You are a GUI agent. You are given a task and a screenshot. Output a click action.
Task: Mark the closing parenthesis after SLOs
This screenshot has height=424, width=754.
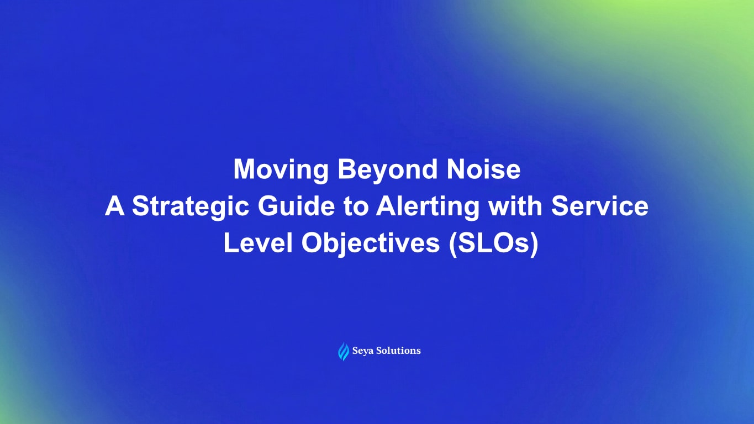pyautogui.click(x=533, y=244)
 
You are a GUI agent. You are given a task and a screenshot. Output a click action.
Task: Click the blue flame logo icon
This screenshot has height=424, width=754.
pyautogui.click(x=343, y=351)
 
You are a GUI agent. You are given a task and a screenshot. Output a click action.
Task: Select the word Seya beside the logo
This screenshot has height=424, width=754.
pyautogui.click(x=364, y=351)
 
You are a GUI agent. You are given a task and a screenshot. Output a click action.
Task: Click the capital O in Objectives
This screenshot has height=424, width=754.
pyautogui.click(x=313, y=243)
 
